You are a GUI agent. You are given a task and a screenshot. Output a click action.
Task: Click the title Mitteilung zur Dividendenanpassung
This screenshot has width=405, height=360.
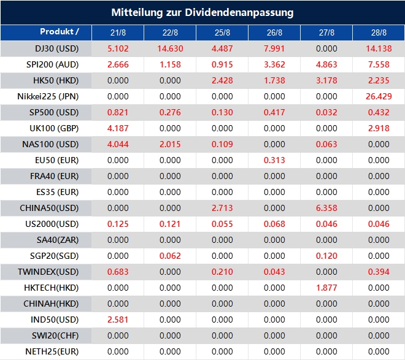202,12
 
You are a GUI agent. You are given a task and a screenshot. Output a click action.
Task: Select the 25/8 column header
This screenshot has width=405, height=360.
222,32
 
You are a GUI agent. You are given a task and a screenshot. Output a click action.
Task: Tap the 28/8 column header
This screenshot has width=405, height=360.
379,32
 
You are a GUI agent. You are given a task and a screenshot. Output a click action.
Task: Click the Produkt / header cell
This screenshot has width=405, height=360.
60,31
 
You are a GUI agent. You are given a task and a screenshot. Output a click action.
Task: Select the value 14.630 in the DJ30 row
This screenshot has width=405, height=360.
170,48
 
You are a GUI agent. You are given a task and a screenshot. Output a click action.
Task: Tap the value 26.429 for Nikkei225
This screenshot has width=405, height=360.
379,96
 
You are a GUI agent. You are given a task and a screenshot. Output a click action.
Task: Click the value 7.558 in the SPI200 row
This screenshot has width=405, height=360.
379,64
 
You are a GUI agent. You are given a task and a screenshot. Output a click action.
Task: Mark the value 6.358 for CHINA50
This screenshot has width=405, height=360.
326,207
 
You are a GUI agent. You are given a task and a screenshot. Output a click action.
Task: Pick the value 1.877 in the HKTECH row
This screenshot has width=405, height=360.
326,287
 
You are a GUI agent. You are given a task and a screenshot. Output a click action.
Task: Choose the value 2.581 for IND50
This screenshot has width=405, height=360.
118,319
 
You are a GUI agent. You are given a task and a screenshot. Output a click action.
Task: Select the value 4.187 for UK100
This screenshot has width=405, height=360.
118,128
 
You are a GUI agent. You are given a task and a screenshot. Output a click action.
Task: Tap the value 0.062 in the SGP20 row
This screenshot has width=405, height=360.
170,255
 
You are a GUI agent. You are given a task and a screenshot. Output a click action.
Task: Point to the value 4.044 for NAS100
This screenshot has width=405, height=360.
118,144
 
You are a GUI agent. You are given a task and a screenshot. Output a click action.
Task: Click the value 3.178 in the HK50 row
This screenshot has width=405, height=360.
326,80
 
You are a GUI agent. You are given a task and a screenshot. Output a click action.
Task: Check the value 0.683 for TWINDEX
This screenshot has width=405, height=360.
118,271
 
